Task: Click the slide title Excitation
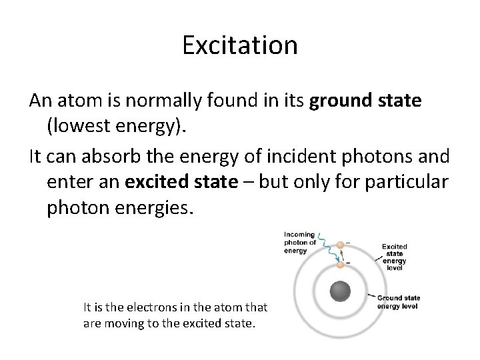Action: point(239,45)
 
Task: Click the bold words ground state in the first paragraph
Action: point(365,101)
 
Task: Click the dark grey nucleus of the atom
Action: point(341,291)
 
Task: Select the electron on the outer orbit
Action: point(341,245)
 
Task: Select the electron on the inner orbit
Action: point(341,265)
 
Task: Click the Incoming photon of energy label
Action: point(299,242)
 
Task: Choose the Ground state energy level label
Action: point(398,301)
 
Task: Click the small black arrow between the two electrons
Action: point(341,255)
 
